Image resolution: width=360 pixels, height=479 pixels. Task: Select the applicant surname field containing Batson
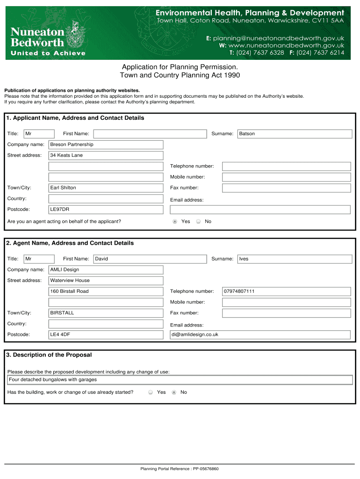[295, 134]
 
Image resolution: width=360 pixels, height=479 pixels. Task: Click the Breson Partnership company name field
[106, 145]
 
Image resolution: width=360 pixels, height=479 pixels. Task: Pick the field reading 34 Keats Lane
[106, 155]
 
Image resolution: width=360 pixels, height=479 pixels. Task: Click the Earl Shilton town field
[106, 188]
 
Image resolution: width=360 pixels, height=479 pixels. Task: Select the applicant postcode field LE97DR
[106, 209]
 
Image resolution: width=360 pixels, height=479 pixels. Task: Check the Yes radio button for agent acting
[175, 221]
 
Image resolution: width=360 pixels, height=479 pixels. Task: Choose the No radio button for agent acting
[198, 221]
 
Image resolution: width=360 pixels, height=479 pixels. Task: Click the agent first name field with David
[150, 259]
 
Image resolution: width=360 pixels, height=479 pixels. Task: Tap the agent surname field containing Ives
[295, 259]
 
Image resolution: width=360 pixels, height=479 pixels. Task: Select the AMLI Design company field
[106, 269]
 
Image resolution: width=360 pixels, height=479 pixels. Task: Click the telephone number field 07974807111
[286, 291]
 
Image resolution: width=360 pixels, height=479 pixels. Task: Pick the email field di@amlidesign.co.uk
[260, 334]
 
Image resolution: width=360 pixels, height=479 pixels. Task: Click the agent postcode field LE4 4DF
[106, 334]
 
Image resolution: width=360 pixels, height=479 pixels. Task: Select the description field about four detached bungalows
[180, 380]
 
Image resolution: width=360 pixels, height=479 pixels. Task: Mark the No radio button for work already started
[174, 392]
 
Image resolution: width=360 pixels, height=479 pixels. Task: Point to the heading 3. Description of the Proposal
[49, 355]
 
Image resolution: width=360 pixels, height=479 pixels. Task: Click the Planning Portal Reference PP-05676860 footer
[180, 469]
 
